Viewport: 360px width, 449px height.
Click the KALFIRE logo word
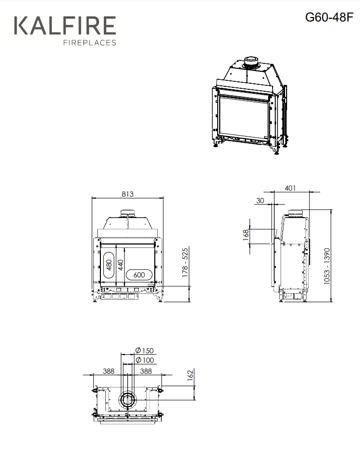click(65, 25)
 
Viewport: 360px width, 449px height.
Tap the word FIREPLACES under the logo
click(90, 43)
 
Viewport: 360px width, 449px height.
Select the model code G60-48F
click(330, 17)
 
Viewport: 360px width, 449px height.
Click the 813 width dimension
click(127, 194)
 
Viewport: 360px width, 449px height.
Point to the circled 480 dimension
click(109, 265)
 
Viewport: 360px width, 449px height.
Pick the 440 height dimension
click(121, 265)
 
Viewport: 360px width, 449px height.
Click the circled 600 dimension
click(139, 275)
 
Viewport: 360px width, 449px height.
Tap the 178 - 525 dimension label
click(185, 262)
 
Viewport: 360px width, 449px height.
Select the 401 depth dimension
click(290, 188)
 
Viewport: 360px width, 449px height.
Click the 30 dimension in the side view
click(260, 201)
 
